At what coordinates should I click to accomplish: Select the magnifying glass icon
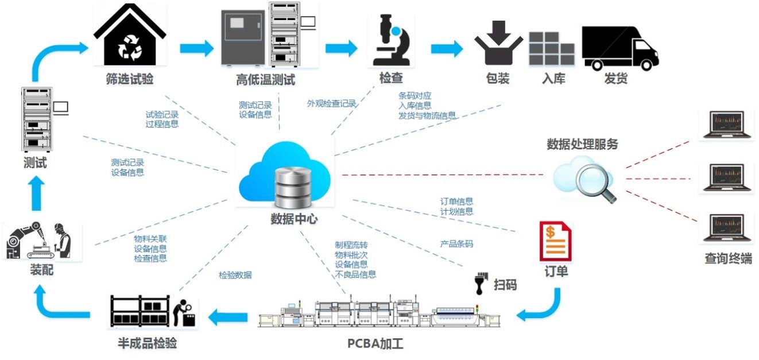click(x=595, y=183)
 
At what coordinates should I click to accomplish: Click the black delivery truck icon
click(x=619, y=48)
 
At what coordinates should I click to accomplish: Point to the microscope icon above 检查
click(x=390, y=41)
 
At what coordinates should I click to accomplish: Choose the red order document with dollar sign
click(x=555, y=242)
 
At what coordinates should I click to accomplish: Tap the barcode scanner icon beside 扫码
click(x=479, y=283)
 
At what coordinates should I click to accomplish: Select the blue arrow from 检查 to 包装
click(x=447, y=48)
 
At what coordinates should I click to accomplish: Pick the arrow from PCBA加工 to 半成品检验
click(x=227, y=315)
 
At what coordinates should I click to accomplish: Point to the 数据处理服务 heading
click(x=582, y=144)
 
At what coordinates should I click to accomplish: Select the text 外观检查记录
click(x=331, y=104)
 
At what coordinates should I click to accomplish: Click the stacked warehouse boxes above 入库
click(x=551, y=49)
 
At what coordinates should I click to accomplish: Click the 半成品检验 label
click(x=147, y=343)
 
